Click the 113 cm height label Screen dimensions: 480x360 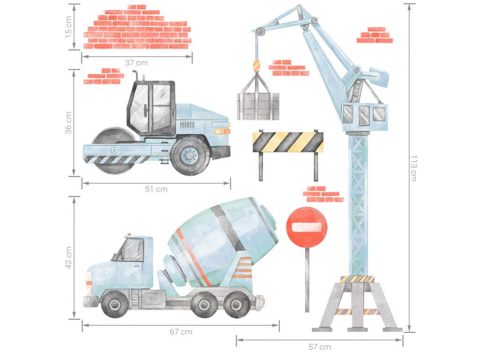[x=413, y=168]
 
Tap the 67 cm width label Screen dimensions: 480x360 [x=181, y=332]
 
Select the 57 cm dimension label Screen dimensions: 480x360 [x=320, y=347]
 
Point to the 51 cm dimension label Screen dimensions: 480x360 [x=156, y=189]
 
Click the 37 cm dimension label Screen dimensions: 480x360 [x=136, y=63]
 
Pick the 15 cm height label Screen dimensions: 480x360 [x=68, y=27]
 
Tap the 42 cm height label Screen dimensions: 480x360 [x=68, y=257]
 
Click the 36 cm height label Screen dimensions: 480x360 [x=68, y=123]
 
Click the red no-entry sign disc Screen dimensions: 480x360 [x=307, y=227]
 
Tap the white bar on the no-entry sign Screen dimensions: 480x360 [x=307, y=227]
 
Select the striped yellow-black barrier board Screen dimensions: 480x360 [x=288, y=142]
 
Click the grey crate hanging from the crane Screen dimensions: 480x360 [x=258, y=106]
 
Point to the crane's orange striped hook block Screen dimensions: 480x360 [x=256, y=66]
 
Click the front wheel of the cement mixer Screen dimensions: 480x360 [x=114, y=304]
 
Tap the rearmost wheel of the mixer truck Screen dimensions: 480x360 [x=236, y=304]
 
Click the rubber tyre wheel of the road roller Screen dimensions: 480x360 [x=190, y=155]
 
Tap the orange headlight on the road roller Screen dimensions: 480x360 [x=222, y=132]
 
